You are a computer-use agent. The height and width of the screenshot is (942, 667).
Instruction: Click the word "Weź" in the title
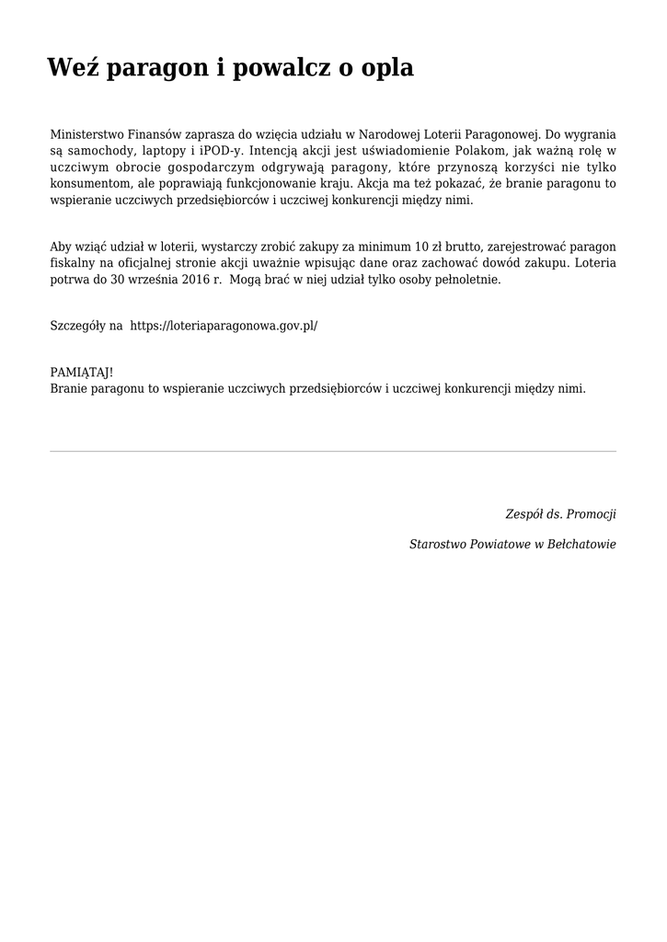73,67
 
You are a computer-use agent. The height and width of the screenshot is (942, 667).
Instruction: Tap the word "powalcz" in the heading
283,67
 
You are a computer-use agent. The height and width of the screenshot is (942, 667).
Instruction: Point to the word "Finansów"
154,134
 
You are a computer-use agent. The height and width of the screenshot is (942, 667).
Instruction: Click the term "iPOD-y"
221,151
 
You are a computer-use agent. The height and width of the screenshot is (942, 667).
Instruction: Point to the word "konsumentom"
88,184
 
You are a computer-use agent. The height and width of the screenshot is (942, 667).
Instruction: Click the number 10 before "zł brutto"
422,247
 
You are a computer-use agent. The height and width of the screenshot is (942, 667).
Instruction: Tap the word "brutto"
467,247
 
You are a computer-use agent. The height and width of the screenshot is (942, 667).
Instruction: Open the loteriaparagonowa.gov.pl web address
224,326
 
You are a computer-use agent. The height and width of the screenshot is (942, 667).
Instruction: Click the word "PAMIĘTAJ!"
82,372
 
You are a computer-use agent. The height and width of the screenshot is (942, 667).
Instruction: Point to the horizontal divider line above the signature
333,451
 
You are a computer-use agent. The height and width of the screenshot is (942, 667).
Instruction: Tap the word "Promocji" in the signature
591,513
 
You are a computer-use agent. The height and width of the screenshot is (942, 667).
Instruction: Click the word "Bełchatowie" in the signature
581,545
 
